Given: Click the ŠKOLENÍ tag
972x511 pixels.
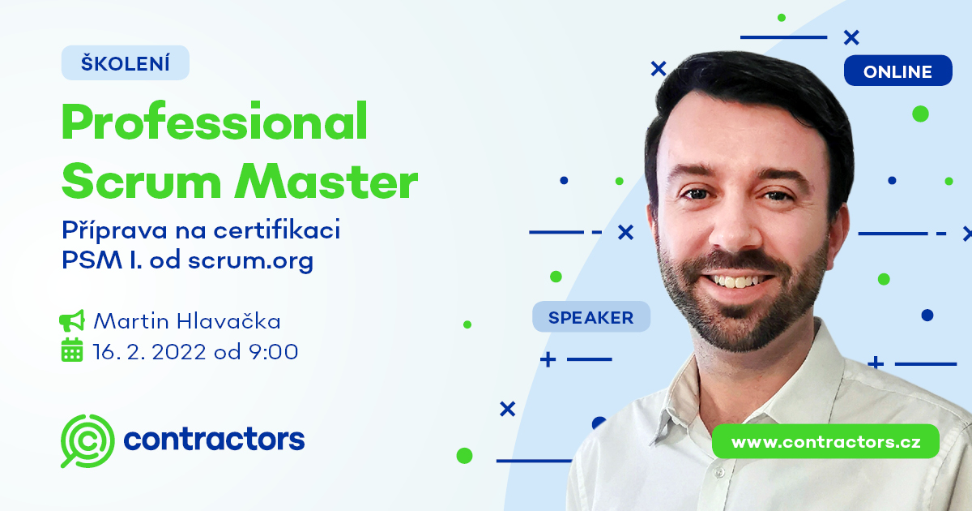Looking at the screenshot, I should pyautogui.click(x=126, y=63).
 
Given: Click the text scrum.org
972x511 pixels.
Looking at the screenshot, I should pyautogui.click(x=250, y=262).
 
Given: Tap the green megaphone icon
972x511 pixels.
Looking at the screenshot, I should pyautogui.click(x=72, y=321).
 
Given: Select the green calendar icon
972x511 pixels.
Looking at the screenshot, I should pyautogui.click(x=72, y=350).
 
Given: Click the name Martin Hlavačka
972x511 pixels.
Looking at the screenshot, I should pyautogui.click(x=187, y=321).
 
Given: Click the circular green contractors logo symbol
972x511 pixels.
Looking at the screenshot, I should pyautogui.click(x=87, y=440).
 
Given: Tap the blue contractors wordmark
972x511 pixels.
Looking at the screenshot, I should pyautogui.click(x=214, y=440).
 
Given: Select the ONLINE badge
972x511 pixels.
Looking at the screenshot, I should pyautogui.click(x=897, y=71).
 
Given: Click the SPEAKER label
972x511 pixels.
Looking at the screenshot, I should pyautogui.click(x=591, y=317).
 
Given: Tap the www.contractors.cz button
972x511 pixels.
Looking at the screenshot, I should pyautogui.click(x=825, y=442).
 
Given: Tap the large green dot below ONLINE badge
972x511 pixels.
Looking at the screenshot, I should pyautogui.click(x=920, y=114).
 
